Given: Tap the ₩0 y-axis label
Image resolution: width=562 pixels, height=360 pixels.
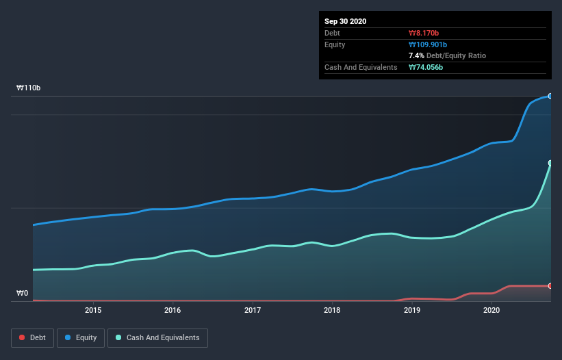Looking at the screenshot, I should (x=23, y=294).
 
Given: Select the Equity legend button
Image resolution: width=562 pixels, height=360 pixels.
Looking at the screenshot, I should (x=81, y=337).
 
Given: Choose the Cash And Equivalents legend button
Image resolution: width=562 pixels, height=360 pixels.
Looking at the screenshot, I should (x=157, y=337).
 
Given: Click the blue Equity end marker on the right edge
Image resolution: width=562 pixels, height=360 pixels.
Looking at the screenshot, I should (x=550, y=96).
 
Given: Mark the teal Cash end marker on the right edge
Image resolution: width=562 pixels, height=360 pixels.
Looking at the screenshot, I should (x=550, y=163).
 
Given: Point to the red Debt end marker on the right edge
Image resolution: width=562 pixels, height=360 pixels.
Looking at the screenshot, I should (x=550, y=285).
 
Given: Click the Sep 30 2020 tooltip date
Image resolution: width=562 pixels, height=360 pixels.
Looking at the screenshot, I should (x=345, y=21).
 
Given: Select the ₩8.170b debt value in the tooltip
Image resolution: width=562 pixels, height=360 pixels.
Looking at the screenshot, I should (x=424, y=33).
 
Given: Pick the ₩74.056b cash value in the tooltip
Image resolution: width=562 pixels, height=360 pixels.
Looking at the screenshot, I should (x=426, y=67).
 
